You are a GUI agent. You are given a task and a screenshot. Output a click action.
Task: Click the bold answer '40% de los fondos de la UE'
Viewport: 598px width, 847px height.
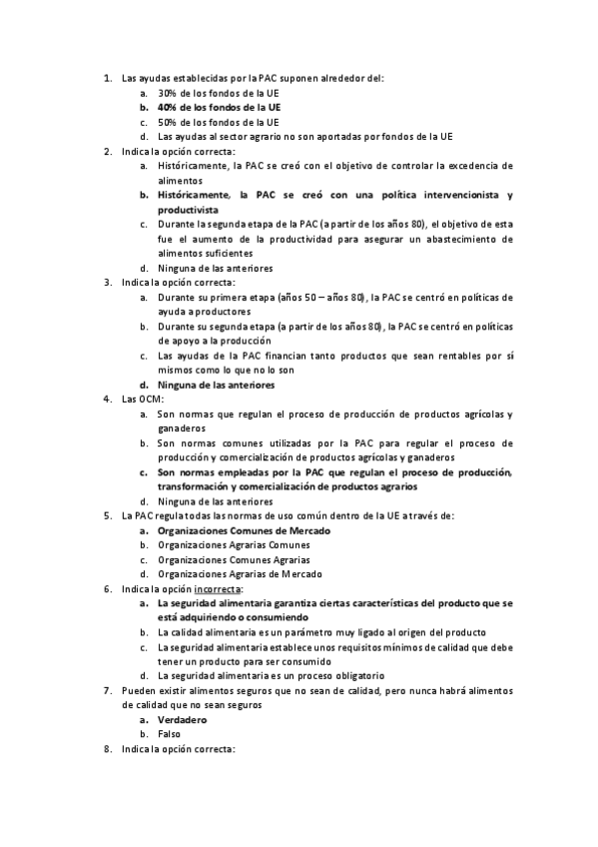219,106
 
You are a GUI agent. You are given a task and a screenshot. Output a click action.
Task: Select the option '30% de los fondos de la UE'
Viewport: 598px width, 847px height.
218,92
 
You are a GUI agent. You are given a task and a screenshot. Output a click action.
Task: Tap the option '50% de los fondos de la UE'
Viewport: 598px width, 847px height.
218,121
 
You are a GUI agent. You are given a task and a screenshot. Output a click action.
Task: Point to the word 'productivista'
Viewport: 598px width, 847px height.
191,210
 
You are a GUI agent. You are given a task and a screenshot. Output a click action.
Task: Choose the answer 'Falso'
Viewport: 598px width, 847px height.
170,734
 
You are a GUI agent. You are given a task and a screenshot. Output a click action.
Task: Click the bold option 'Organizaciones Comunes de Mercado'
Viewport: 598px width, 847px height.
244,530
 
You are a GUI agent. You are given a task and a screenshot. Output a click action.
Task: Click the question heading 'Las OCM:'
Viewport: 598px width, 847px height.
143,399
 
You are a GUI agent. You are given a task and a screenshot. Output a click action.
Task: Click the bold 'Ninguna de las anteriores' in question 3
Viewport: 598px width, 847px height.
216,385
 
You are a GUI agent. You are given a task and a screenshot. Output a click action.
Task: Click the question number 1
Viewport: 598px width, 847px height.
108,77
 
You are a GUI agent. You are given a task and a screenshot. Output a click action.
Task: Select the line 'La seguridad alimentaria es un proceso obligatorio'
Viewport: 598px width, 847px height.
273,676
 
